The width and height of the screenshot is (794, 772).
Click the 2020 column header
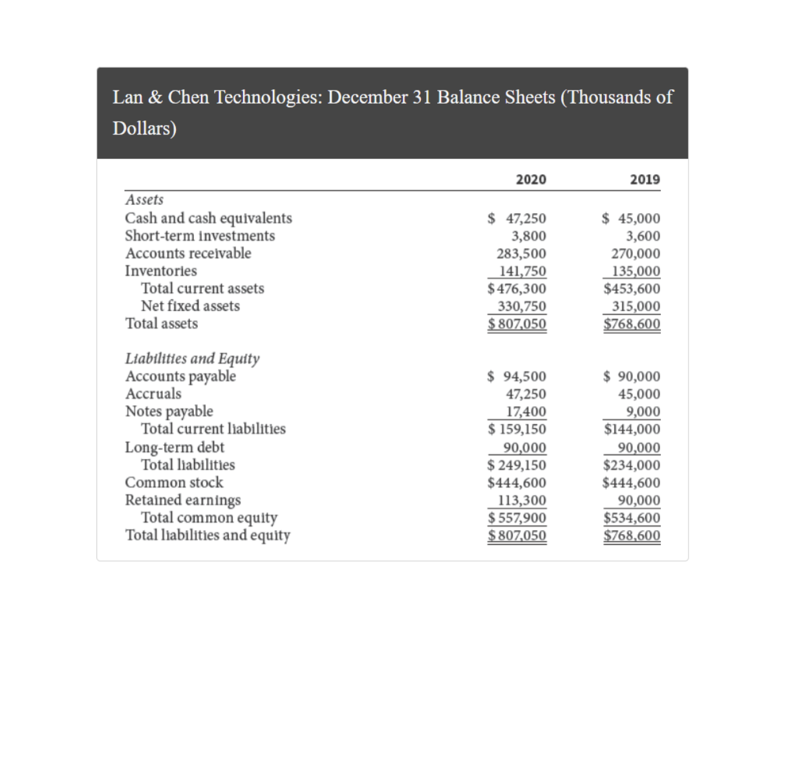point(531,179)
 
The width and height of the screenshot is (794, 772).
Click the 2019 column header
point(645,179)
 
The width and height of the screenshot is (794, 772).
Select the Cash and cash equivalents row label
point(208,218)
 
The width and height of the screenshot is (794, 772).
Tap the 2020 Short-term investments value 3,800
point(528,236)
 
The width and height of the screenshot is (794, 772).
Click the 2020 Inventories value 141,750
point(522,271)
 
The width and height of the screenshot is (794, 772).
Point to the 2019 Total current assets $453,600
point(632,288)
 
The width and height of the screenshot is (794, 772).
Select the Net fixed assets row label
point(190,306)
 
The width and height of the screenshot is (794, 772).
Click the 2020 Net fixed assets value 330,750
point(522,306)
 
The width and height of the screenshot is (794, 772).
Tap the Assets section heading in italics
point(144,200)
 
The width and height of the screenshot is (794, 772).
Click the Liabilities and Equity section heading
point(192,358)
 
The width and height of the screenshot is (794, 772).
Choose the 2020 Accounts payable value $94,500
point(517,376)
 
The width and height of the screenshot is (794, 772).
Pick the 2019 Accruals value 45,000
point(639,394)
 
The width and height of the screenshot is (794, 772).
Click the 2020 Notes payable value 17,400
point(526,411)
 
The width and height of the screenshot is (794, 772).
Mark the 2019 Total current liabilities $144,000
point(632,429)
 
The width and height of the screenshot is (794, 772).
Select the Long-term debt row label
point(175,447)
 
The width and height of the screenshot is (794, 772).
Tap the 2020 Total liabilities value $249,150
point(517,465)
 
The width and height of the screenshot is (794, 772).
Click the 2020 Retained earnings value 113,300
point(522,500)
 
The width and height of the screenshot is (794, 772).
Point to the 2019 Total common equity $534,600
point(632,518)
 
